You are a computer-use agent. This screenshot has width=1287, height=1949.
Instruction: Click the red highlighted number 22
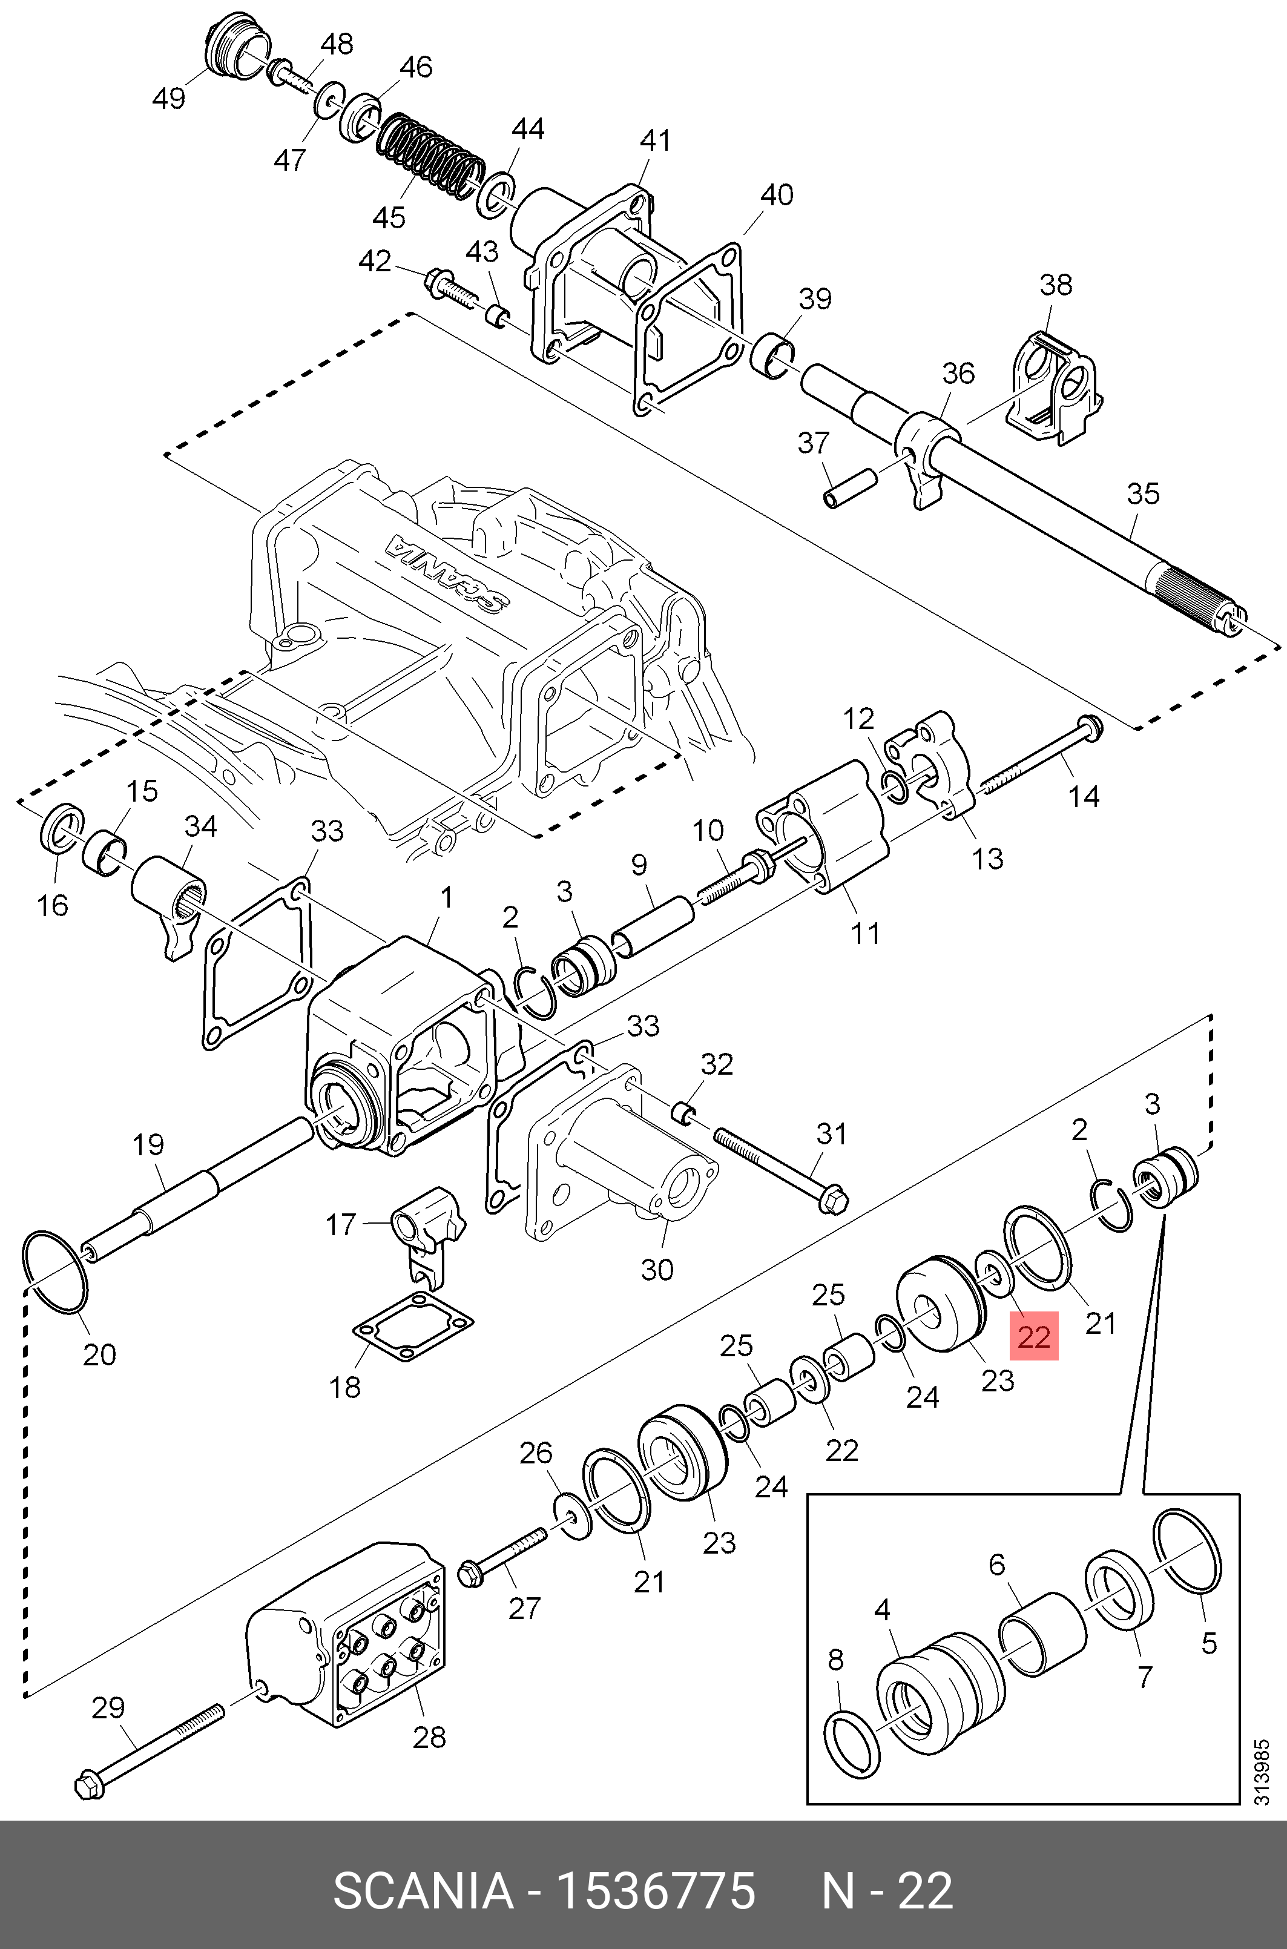click(1033, 1337)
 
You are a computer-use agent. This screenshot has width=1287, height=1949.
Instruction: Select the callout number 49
click(169, 99)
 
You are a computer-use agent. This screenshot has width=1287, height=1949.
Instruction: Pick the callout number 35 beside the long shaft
click(1142, 493)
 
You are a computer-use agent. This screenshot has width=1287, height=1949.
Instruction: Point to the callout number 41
click(655, 140)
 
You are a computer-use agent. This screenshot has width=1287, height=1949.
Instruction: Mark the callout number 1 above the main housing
click(447, 897)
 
